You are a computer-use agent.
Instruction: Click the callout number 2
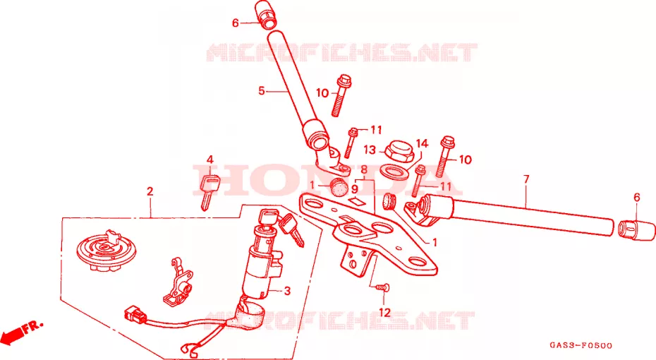tap(150, 192)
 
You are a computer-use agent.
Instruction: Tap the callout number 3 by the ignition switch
tap(287, 291)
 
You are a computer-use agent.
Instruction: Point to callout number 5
tap(262, 90)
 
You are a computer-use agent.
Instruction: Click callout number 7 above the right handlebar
tap(526, 179)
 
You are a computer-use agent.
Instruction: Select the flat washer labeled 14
tap(394, 171)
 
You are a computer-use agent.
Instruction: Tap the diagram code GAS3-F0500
tap(581, 345)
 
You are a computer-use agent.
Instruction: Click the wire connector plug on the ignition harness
tap(135, 315)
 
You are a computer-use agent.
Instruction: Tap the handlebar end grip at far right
tap(636, 230)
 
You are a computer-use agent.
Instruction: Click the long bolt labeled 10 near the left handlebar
tap(340, 96)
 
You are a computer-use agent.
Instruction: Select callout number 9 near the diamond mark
tap(354, 189)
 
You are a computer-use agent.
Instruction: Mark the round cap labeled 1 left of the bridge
tap(339, 186)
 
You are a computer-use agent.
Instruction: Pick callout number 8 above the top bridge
tap(364, 169)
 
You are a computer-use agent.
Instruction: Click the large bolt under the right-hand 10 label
tap(444, 156)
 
